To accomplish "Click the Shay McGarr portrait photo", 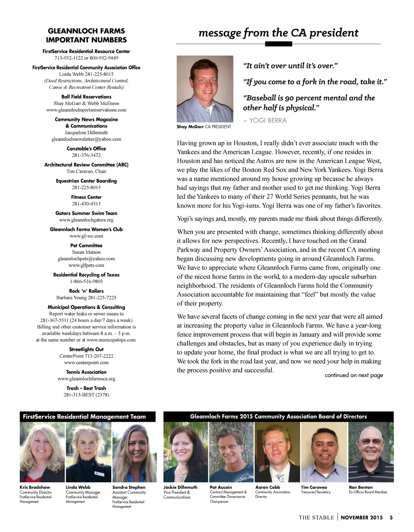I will point(205,89).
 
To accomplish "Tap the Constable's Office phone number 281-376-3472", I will point(86,155).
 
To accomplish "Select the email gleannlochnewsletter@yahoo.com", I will point(86,139).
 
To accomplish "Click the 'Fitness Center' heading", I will point(86,197).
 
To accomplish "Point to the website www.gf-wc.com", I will point(86,236).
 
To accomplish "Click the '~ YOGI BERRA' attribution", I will point(265,120).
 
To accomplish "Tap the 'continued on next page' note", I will point(354,375).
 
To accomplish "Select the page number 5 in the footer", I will point(391,517).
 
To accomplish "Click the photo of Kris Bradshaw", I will point(42,452).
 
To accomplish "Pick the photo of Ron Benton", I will point(371,452).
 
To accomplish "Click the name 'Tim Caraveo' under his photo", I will point(314,487).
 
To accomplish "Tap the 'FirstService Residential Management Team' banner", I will point(84,417).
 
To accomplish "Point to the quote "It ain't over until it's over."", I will point(290,66).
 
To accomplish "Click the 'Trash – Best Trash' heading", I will point(86,388).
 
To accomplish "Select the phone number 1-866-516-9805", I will point(86,281).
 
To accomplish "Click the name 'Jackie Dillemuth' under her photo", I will point(180,487).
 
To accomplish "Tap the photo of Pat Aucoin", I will point(231,452).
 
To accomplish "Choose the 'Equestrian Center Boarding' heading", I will point(86,181).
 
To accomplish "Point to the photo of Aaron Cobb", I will point(277,452).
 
